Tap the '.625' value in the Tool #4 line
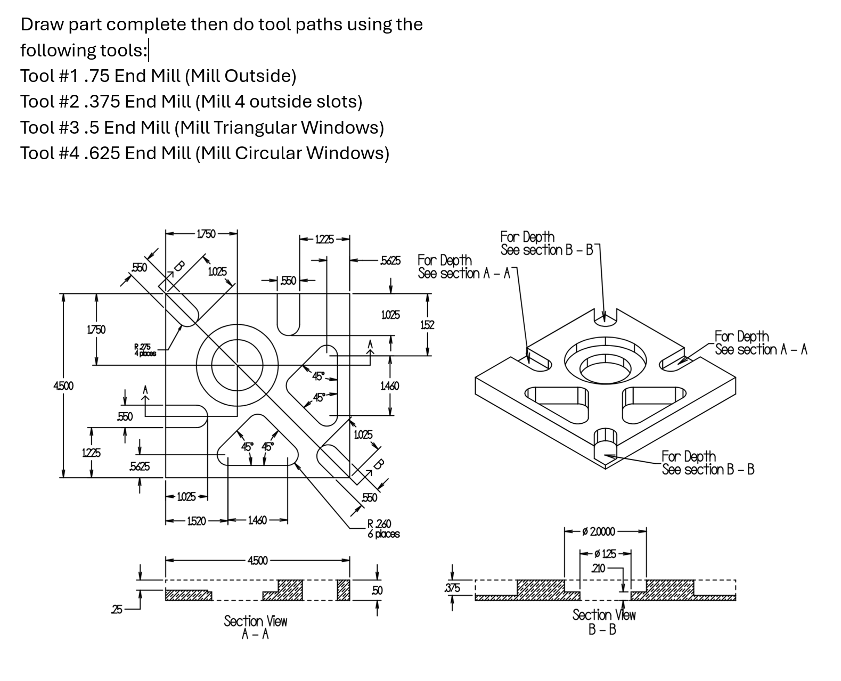[x=102, y=153]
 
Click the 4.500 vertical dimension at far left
[x=63, y=385]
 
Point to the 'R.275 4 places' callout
[x=145, y=350]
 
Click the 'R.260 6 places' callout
[x=383, y=529]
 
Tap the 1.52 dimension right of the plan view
[x=427, y=324]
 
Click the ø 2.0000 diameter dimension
[x=599, y=531]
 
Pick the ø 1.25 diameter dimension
[x=605, y=554]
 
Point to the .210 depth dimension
[x=599, y=568]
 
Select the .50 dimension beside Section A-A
[x=377, y=590]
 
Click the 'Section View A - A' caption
[x=255, y=627]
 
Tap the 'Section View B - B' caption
[x=603, y=622]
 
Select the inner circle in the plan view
[x=237, y=365]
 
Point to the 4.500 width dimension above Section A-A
[x=257, y=560]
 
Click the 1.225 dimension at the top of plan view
[x=324, y=240]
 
